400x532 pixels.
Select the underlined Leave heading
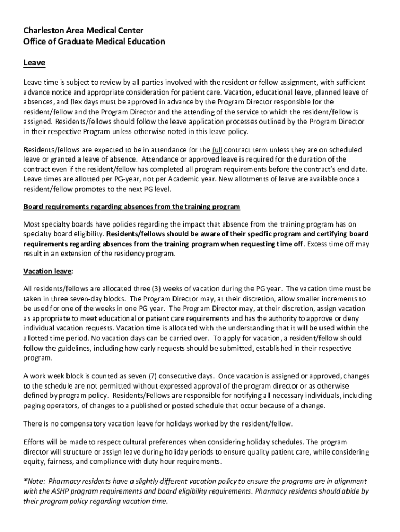(34, 63)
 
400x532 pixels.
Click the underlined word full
(218, 150)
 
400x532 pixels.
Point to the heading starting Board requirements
(131, 207)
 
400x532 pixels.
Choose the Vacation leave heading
(48, 271)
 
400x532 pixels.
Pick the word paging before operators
(34, 406)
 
